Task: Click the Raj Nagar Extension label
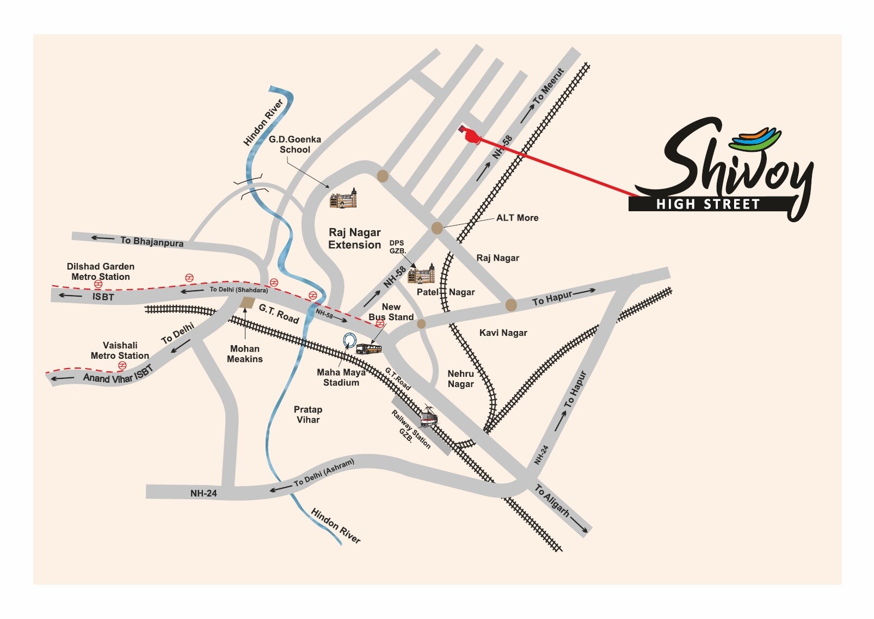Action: click(354, 239)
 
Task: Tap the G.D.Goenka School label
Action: click(295, 144)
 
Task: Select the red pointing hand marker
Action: click(470, 134)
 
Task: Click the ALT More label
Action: click(517, 218)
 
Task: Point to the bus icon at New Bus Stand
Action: click(369, 349)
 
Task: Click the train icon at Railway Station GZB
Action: click(429, 417)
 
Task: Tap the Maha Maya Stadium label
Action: click(341, 377)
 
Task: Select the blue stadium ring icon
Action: click(349, 340)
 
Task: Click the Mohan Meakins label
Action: click(245, 354)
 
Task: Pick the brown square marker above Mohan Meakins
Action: click(247, 303)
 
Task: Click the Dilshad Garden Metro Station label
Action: click(101, 272)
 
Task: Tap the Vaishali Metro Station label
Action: click(120, 351)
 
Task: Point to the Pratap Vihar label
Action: click(308, 414)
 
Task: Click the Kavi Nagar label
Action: click(503, 333)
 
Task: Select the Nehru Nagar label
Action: click(460, 379)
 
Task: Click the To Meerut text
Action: click(549, 86)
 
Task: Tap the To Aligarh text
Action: click(552, 500)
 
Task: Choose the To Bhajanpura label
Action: click(151, 241)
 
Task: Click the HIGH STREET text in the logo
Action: click(707, 205)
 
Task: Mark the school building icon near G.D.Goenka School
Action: click(344, 199)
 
